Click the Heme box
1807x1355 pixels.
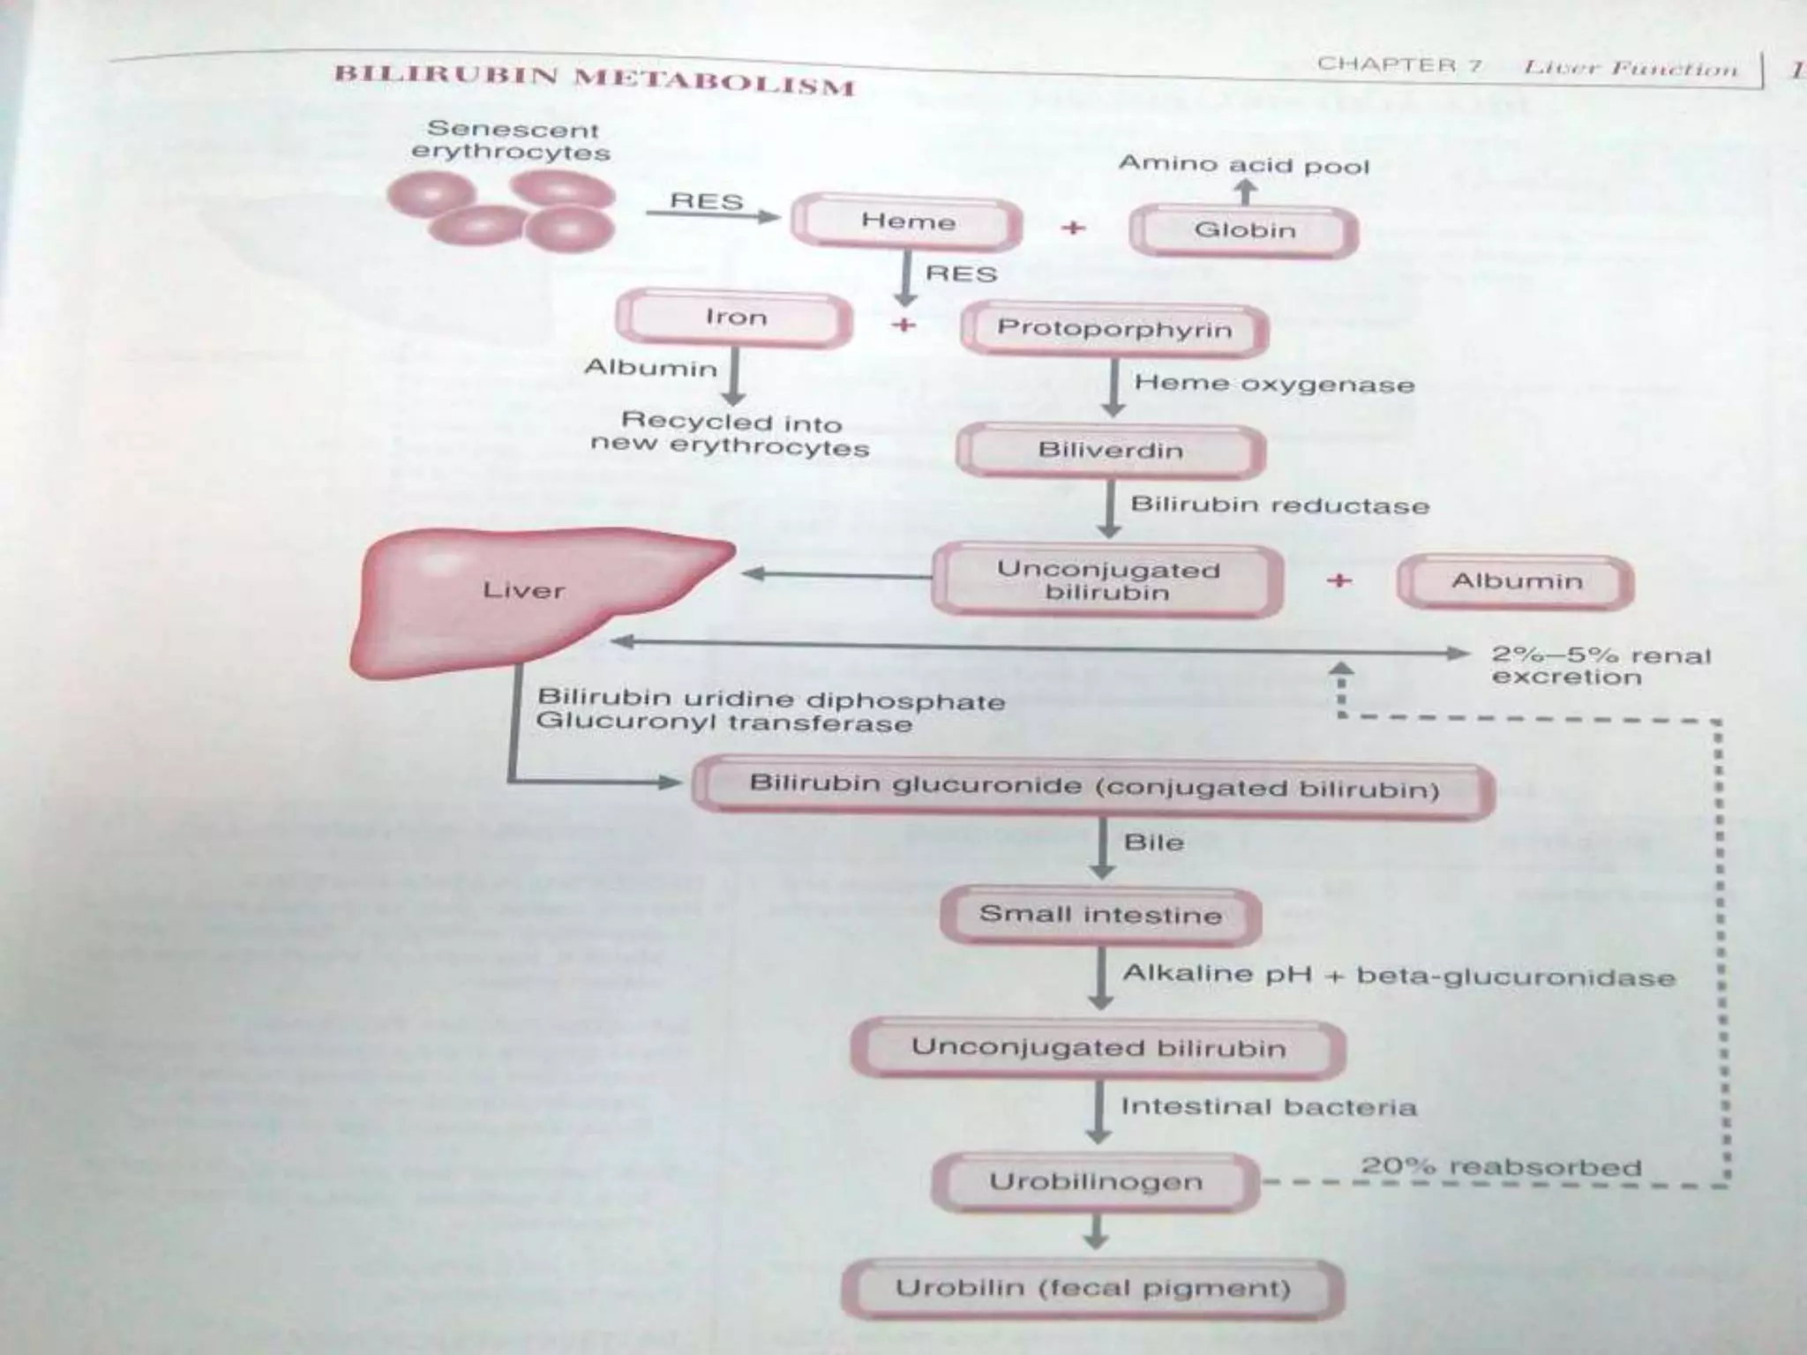tap(907, 222)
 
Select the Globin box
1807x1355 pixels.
tap(1244, 231)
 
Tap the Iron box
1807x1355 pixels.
tap(735, 318)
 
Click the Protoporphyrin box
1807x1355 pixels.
tap(1113, 329)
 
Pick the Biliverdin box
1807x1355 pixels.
tap(1111, 451)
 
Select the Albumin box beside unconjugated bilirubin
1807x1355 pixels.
tap(1516, 581)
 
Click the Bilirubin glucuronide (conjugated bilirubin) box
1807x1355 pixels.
tap(1093, 787)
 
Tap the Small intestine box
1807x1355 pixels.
tap(1100, 915)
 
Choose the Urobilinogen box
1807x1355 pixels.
tap(1095, 1182)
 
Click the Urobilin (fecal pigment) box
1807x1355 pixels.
tap(1092, 1289)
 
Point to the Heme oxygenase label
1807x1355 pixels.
tap(1273, 384)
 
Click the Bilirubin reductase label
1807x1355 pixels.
tap(1279, 505)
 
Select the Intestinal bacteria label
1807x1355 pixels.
tap(1268, 1107)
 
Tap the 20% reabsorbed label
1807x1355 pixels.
tap(1500, 1166)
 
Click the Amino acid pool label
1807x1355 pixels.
tap(1244, 165)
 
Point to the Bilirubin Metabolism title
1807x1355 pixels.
tap(594, 79)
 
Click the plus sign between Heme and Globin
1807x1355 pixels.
tap(1073, 228)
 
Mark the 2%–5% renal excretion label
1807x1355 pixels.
tap(1600, 666)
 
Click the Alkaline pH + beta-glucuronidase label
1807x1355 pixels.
tap(1398, 976)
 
